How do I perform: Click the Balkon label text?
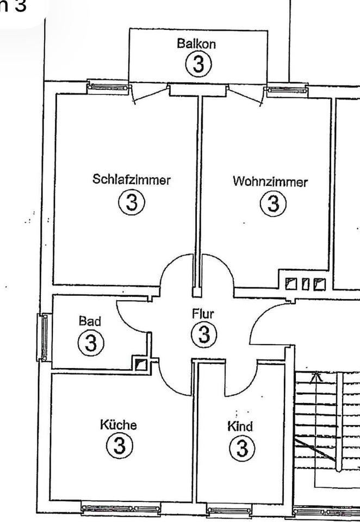tap(196, 44)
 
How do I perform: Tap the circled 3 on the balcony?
tap(198, 65)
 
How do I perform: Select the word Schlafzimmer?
tap(132, 179)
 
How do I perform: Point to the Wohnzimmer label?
tap(270, 182)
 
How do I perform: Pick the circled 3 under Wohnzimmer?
tap(273, 204)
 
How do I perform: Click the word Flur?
tap(203, 314)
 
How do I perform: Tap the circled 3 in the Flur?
tap(204, 334)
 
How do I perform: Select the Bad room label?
tap(90, 321)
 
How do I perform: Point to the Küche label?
tap(118, 425)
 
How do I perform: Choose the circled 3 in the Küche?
tap(119, 446)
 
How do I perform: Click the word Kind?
tap(240, 427)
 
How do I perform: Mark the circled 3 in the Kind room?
tap(241, 449)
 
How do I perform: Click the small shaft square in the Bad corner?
tap(141, 364)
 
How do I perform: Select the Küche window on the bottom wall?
tap(121, 509)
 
